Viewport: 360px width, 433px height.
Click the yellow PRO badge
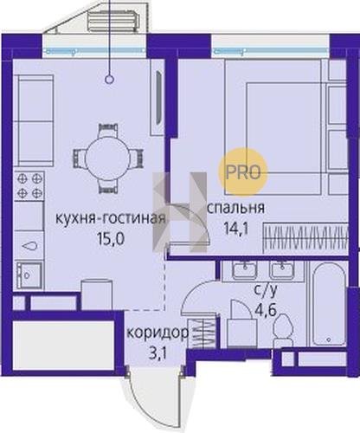pyautogui.click(x=243, y=172)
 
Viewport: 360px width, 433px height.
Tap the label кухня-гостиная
pyautogui.click(x=111, y=218)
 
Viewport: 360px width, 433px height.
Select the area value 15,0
pyautogui.click(x=111, y=239)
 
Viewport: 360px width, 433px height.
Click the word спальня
pyautogui.click(x=236, y=208)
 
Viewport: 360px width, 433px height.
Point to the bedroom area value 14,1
pyautogui.click(x=236, y=229)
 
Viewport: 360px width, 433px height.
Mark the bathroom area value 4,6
pyautogui.click(x=266, y=310)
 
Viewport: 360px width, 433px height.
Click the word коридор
pyautogui.click(x=157, y=334)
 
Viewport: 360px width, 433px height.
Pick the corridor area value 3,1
pyautogui.click(x=157, y=353)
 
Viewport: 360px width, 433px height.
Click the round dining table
pyautogui.click(x=108, y=158)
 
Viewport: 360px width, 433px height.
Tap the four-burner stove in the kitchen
pyautogui.click(x=29, y=185)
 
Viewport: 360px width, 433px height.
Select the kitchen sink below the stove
pyautogui.click(x=29, y=275)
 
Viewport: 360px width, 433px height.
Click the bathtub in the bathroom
pyautogui.click(x=329, y=304)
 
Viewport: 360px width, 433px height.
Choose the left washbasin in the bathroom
pyautogui.click(x=245, y=270)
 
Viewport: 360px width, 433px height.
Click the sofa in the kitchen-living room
pyautogui.click(x=34, y=120)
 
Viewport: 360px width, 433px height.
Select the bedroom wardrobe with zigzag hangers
pyautogui.click(x=305, y=236)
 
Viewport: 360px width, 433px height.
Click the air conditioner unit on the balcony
pyautogui.click(x=115, y=23)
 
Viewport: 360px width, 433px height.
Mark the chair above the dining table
pyautogui.click(x=108, y=131)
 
